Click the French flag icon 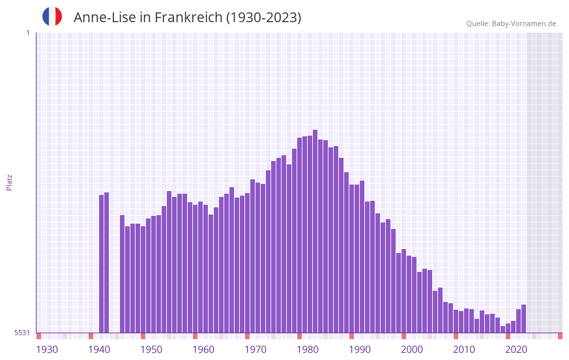pyautogui.click(x=52, y=16)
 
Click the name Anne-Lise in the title pyautogui.click(x=104, y=18)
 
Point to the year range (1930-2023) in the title pyautogui.click(x=263, y=18)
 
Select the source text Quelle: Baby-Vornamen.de pyautogui.click(x=511, y=23)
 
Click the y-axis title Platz pyautogui.click(x=9, y=182)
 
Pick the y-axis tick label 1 pyautogui.click(x=27, y=33)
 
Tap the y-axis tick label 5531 pyautogui.click(x=22, y=333)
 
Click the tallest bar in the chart pyautogui.click(x=315, y=231)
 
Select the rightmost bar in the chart pyautogui.click(x=523, y=318)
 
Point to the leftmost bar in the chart pyautogui.click(x=101, y=263)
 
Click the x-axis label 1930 pyautogui.click(x=47, y=350)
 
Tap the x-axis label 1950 pyautogui.click(x=151, y=350)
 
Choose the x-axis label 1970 pyautogui.click(x=255, y=350)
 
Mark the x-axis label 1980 pyautogui.click(x=308, y=350)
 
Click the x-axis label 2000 pyautogui.click(x=412, y=350)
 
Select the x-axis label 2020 pyautogui.click(x=516, y=350)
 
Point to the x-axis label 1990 pyautogui.click(x=360, y=350)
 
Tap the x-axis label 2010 pyautogui.click(x=464, y=350)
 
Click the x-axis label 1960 pyautogui.click(x=203, y=350)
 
